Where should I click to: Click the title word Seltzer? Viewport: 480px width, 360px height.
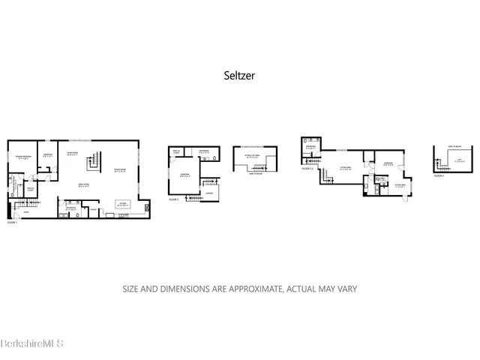[240, 75]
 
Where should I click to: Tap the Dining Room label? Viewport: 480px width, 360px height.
[120, 169]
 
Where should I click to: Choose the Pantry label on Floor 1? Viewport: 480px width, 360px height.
[92, 208]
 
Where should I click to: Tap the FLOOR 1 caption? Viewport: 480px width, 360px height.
[12, 223]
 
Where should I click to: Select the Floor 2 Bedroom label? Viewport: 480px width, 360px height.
[183, 175]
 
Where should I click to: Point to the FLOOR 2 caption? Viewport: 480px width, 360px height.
[173, 200]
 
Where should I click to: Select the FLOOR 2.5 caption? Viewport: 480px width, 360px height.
[307, 169]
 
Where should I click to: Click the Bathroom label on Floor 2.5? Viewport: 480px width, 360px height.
[310, 147]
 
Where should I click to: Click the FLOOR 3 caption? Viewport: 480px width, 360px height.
[439, 175]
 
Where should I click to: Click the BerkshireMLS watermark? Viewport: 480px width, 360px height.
[31, 343]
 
